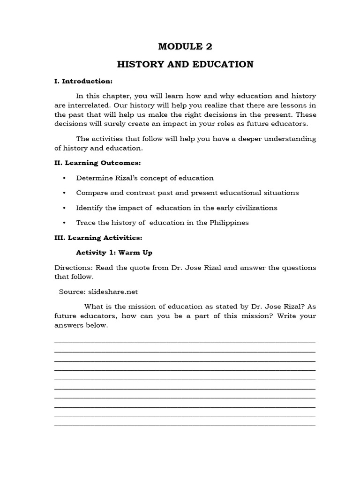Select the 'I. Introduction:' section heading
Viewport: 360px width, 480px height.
(83, 81)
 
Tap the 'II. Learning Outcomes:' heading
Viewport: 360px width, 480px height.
(97, 163)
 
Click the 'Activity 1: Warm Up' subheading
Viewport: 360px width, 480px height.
(114, 252)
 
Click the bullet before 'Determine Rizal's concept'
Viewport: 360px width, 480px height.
(64, 178)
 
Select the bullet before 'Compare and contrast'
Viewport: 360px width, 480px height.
(64, 193)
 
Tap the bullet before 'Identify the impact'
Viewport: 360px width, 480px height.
(64, 208)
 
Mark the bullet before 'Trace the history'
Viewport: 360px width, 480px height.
(64, 223)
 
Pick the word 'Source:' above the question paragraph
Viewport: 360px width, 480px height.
(72, 291)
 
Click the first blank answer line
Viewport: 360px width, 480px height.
(185, 342)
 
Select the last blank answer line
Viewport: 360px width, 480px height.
(185, 425)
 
